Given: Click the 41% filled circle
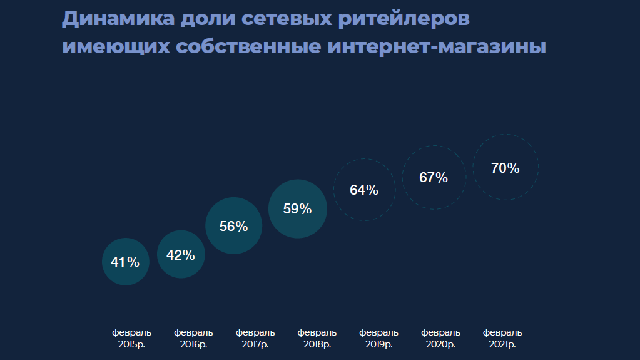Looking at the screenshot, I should (x=125, y=262).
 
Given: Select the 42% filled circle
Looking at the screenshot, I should (x=181, y=254).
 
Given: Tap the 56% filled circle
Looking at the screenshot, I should (x=233, y=226).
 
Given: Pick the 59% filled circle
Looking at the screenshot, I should (x=298, y=209).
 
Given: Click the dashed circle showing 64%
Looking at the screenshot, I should (x=364, y=190).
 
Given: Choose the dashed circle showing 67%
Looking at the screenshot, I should (x=434, y=177).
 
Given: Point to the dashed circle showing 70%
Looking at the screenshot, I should (x=505, y=167).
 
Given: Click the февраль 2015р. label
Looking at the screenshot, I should (x=132, y=338).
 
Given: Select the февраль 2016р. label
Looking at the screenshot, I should (x=193, y=338).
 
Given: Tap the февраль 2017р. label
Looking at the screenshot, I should (x=255, y=338).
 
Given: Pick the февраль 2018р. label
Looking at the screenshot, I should (x=317, y=338).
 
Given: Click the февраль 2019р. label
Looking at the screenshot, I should (x=379, y=338).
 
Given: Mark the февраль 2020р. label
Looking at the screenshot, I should (x=440, y=338).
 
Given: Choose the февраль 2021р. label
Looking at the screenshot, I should (x=502, y=338).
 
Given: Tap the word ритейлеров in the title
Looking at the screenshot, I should (x=404, y=19).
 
